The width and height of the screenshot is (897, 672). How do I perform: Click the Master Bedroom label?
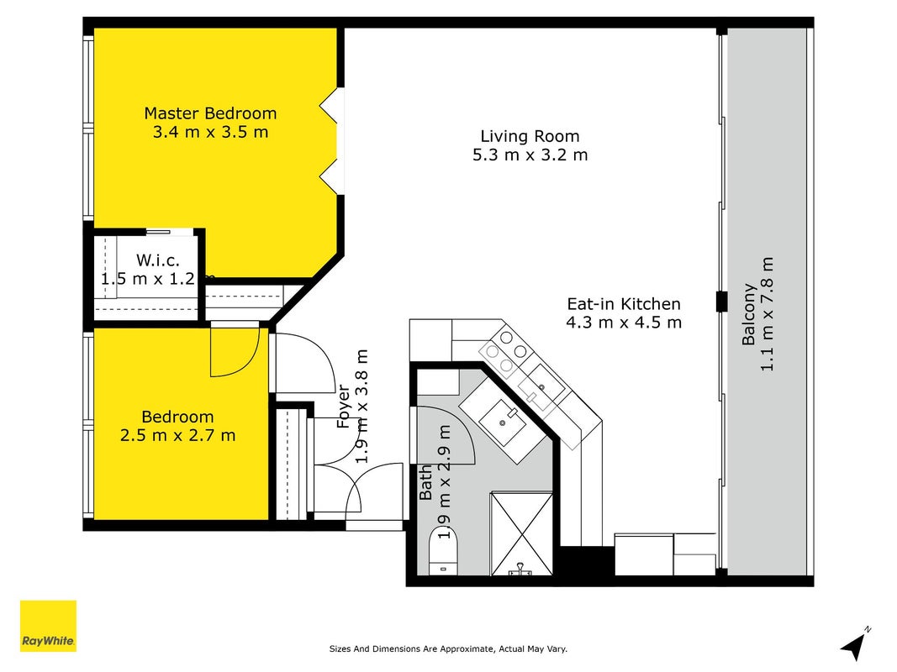pos(210,113)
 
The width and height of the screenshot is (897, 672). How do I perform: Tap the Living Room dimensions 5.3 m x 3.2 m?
pos(530,155)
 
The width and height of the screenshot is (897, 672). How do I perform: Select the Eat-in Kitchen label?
pos(624,303)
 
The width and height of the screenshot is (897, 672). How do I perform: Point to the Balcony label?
pos(749,314)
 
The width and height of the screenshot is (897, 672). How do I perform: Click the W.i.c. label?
pos(158,260)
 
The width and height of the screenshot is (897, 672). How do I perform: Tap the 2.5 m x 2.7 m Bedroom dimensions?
pos(177,435)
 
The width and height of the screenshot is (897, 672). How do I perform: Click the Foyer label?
pos(343,407)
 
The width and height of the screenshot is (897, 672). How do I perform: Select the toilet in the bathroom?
pos(443,551)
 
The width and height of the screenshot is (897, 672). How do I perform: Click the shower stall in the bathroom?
pos(522,533)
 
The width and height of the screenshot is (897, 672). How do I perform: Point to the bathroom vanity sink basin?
pos(502,423)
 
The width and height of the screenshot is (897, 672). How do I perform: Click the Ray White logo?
pos(48,626)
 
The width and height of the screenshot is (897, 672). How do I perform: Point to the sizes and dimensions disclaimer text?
pos(448,648)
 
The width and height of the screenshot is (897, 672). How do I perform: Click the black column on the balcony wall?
pos(722,302)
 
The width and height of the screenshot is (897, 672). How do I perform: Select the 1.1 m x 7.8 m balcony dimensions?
pos(767,314)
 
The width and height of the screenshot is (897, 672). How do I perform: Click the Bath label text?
pos(426,483)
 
